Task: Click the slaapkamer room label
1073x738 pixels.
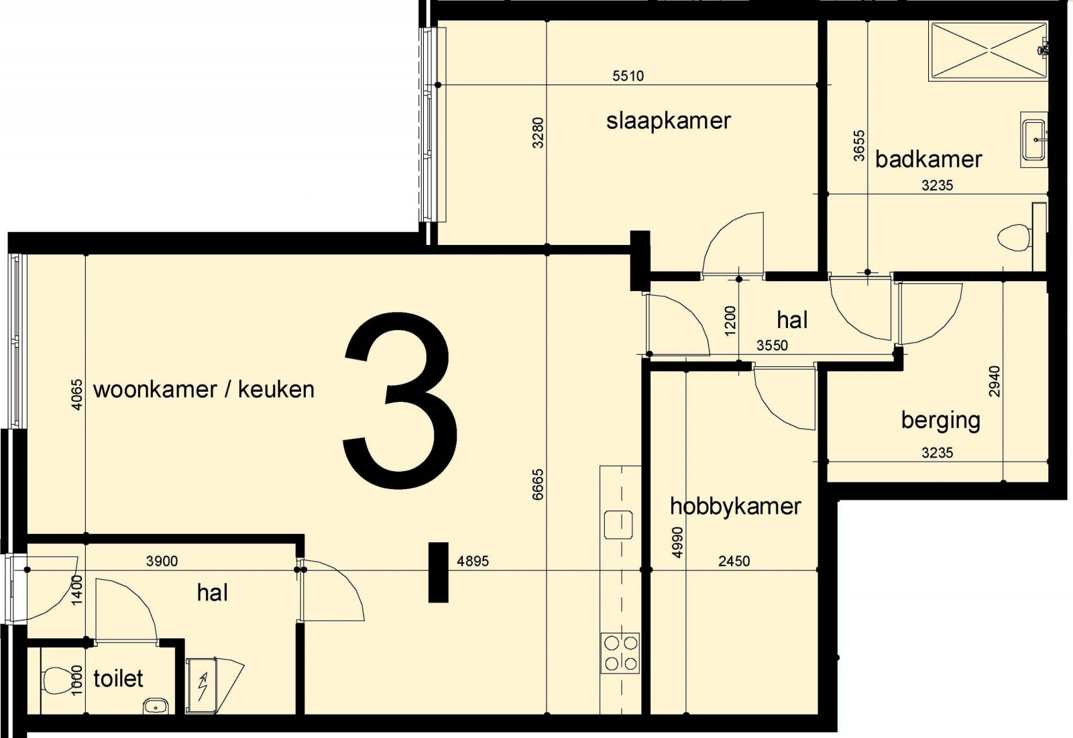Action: point(669,121)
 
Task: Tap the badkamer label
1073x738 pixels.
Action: point(928,160)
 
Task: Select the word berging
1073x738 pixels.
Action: point(941,421)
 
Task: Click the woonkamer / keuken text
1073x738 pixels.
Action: point(204,390)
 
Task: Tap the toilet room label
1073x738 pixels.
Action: point(118,678)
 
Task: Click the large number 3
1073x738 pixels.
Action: point(400,401)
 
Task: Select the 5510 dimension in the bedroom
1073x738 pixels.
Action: point(628,76)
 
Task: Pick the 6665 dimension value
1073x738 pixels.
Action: point(539,484)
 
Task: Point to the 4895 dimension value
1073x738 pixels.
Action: point(473,561)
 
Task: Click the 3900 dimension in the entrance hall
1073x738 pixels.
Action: point(162,561)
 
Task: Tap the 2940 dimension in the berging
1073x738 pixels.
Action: point(995,382)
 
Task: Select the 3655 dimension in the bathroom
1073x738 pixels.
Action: point(859,146)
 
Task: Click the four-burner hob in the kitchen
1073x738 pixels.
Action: point(620,653)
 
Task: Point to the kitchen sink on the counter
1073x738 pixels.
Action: point(618,525)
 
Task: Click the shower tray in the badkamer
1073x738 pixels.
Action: point(987,50)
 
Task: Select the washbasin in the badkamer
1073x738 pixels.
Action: point(1034,140)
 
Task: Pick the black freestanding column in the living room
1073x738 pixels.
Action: point(439,572)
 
